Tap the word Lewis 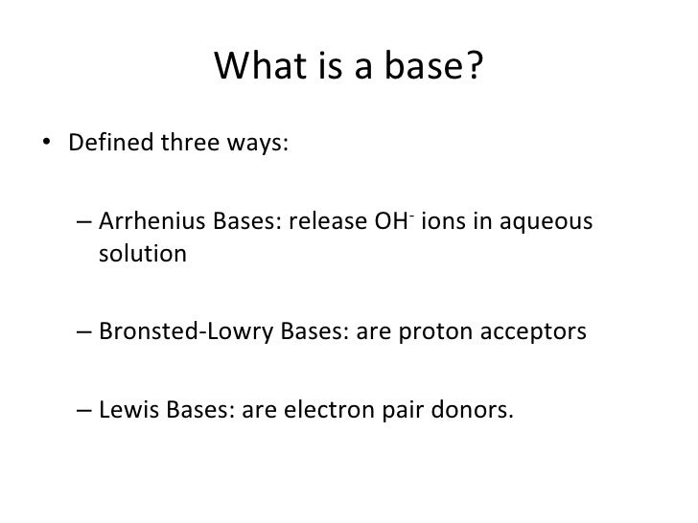(125, 412)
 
